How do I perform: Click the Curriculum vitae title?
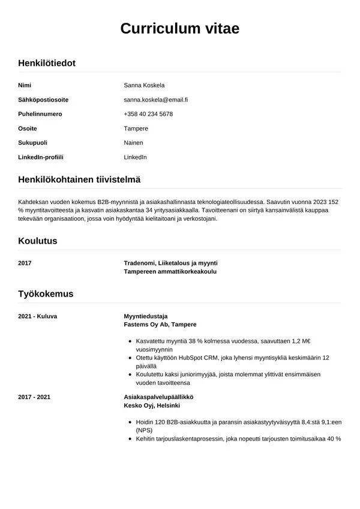[x=180, y=28]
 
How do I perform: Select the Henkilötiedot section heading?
[x=47, y=63]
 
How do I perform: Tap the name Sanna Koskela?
[x=144, y=85]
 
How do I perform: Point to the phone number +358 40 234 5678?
[x=148, y=114]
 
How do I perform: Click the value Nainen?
[x=133, y=143]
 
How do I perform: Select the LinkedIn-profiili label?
[x=41, y=157]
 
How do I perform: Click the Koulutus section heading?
[x=38, y=241]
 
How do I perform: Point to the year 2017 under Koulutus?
[x=25, y=263]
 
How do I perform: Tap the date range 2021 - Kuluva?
[x=38, y=316]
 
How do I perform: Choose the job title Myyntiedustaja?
[x=145, y=316]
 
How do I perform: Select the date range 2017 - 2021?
[x=35, y=397]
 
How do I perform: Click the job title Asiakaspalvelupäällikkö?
[x=158, y=397]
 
